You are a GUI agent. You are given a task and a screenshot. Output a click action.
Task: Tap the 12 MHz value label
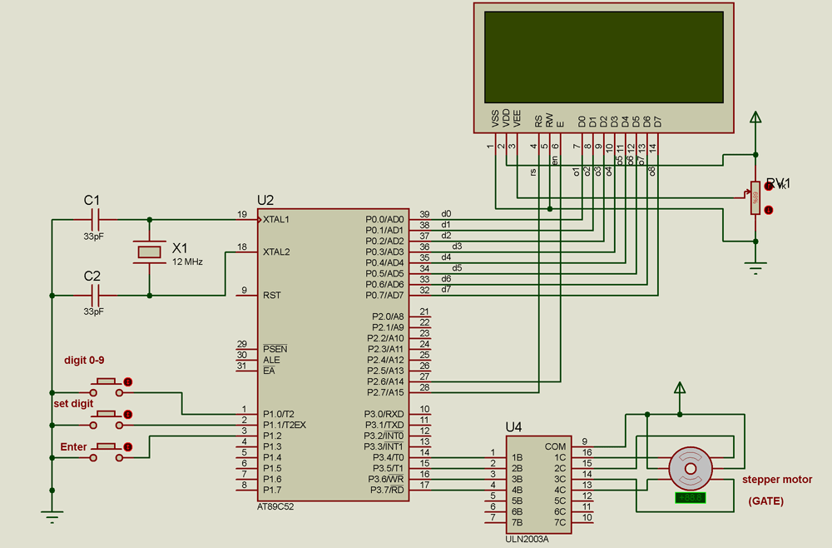[187, 262]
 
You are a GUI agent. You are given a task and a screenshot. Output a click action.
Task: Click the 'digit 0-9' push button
[106, 382]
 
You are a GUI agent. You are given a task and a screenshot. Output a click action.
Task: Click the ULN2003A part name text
[527, 539]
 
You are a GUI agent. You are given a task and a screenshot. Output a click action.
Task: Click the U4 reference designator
[514, 427]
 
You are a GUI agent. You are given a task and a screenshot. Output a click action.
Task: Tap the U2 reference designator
[265, 201]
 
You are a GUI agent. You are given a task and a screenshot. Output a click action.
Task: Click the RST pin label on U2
[272, 295]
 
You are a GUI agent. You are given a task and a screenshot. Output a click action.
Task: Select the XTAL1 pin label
[276, 220]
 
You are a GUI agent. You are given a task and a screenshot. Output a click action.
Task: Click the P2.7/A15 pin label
[384, 392]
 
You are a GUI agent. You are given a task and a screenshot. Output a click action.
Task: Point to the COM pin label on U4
[555, 446]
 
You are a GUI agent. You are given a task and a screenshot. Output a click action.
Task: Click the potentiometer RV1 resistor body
[755, 198]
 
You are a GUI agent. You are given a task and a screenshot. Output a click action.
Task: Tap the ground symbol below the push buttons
[52, 516]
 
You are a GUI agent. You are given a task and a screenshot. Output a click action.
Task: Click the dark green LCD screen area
[604, 56]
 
